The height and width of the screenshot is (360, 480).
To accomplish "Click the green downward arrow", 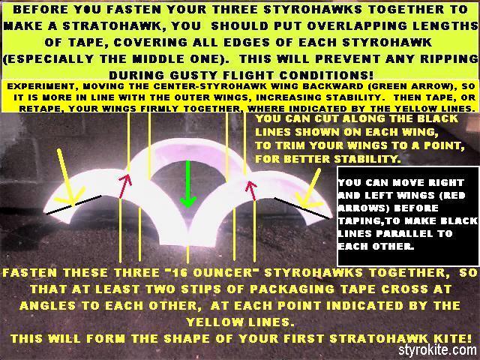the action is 188,184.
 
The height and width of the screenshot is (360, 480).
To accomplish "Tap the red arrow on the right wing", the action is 252,191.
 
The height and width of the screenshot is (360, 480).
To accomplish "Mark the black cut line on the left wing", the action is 73,205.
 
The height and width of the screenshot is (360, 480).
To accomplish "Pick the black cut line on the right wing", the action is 302,208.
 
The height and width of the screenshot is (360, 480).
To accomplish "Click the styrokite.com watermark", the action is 437,349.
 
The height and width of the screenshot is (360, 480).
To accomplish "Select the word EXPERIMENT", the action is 38,86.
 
